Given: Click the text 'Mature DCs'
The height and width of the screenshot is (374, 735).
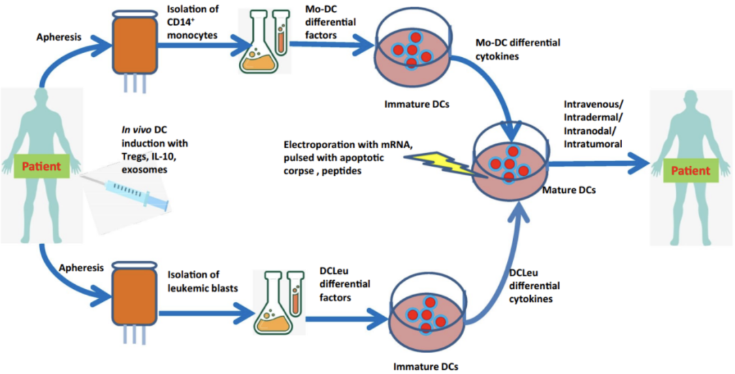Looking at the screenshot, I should click(x=569, y=190).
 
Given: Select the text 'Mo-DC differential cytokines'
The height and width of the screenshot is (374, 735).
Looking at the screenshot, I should click(x=518, y=48).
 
